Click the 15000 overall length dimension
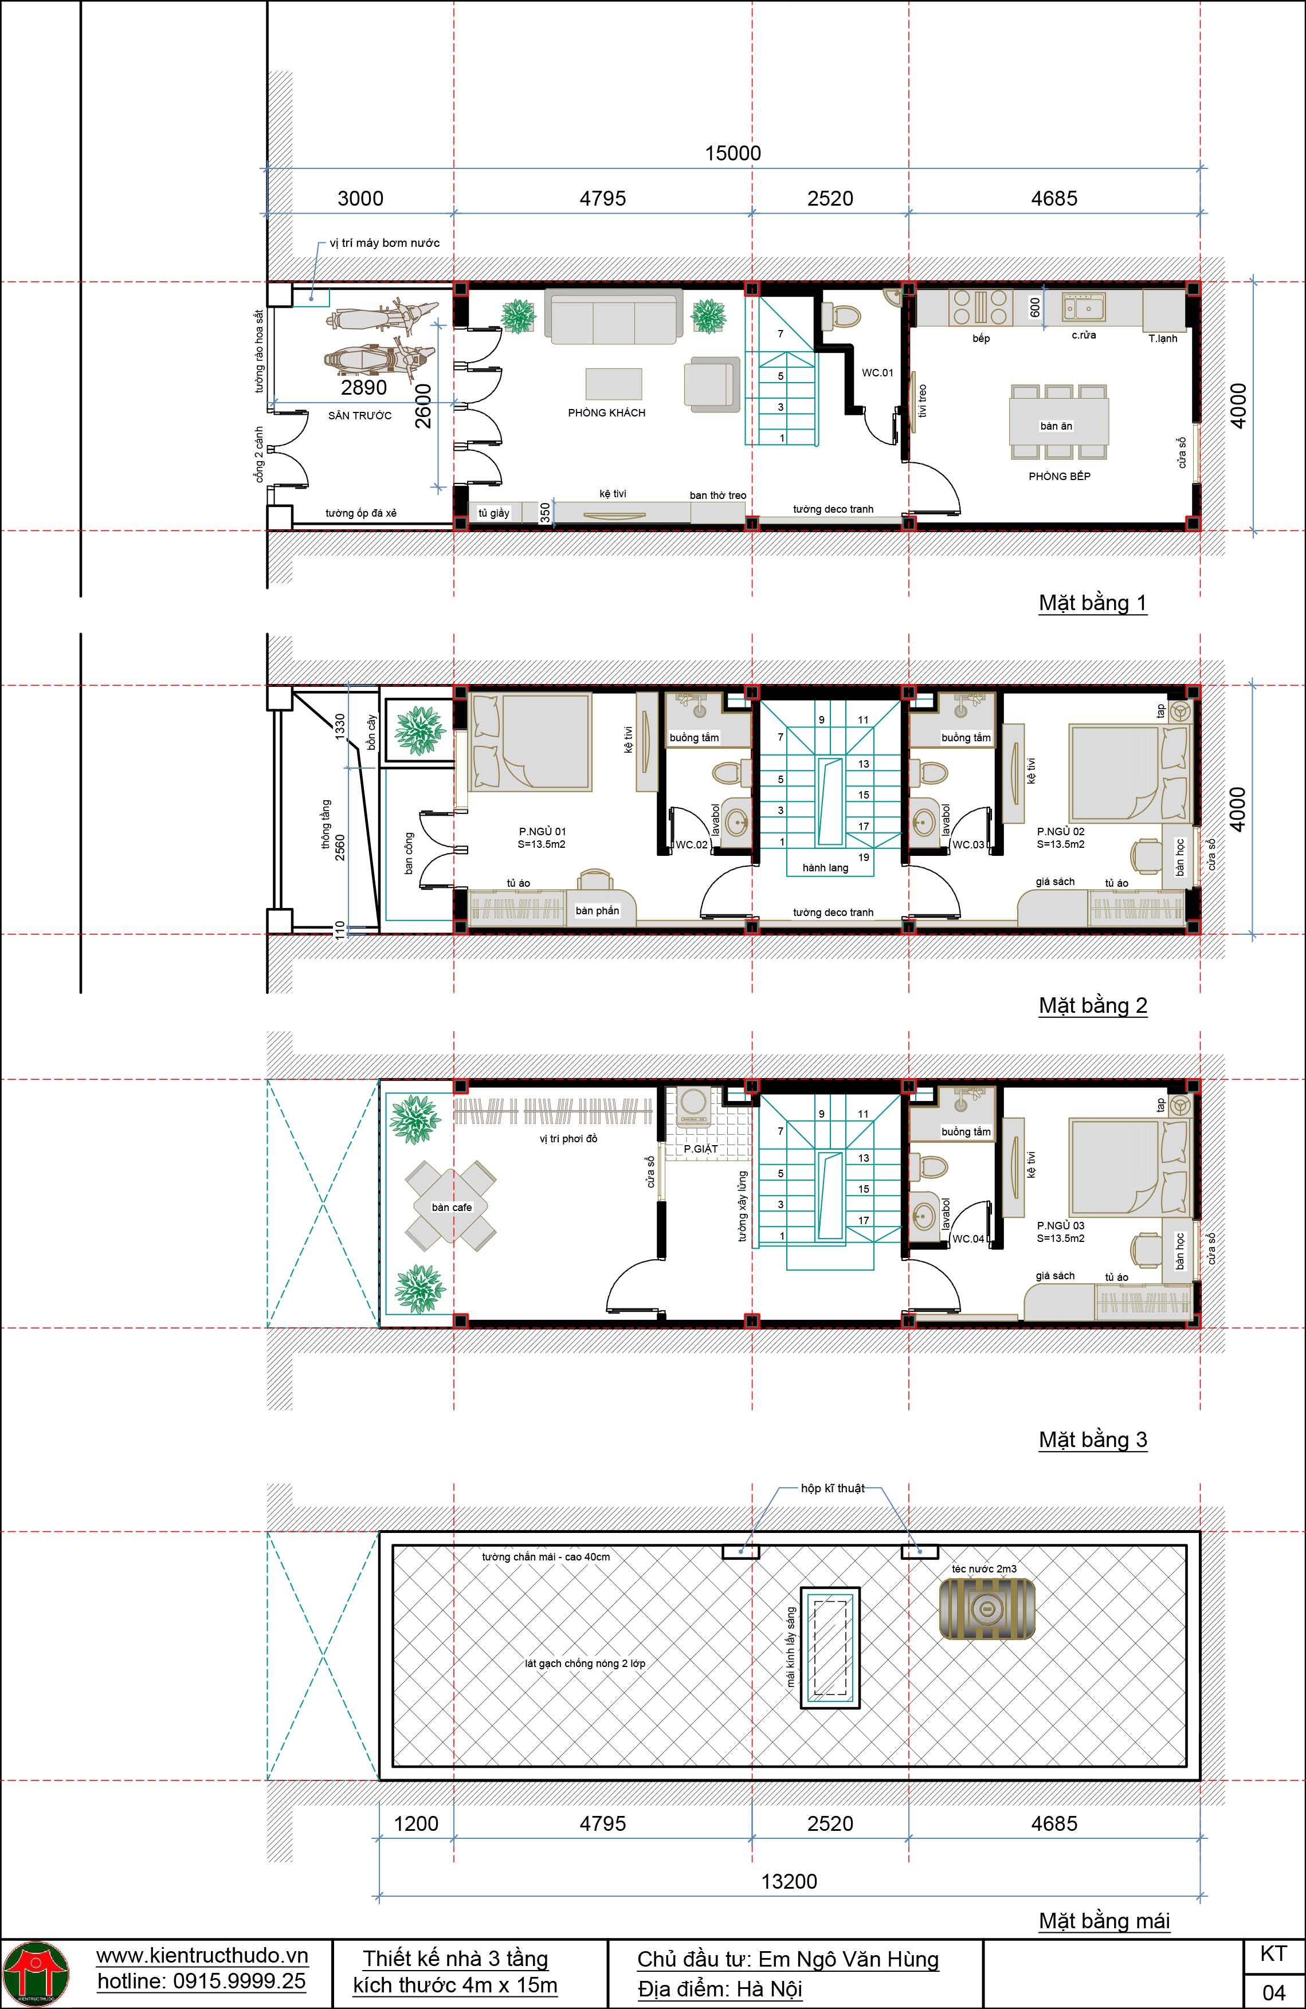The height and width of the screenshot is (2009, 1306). [733, 153]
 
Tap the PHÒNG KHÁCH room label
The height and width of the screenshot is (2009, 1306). [606, 413]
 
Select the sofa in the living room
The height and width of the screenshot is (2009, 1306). [614, 317]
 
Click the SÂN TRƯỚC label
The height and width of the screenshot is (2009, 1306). [360, 415]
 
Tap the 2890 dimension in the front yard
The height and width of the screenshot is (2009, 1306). [364, 387]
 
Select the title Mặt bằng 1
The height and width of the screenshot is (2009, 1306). [1092, 603]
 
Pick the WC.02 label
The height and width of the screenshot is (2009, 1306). [692, 844]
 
